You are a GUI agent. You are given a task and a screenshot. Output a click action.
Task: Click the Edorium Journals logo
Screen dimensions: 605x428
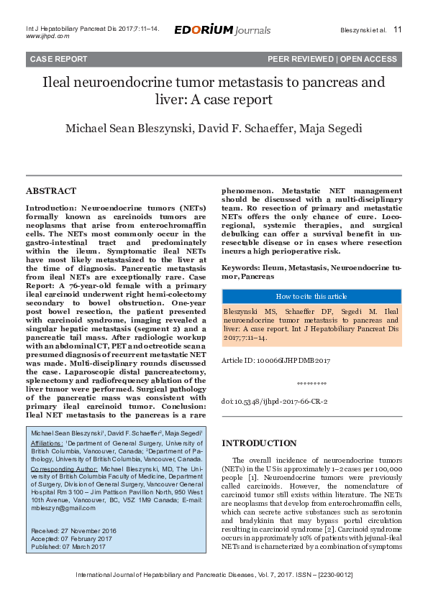(222, 30)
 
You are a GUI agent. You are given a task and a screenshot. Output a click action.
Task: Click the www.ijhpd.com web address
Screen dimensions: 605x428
(47, 35)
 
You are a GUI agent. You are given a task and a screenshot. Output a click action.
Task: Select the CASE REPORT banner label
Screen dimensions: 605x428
(59, 59)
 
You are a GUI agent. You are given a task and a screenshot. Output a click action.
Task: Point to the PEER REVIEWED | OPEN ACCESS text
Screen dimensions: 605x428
(332, 59)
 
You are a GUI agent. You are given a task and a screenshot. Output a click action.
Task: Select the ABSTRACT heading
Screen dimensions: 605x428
(50, 191)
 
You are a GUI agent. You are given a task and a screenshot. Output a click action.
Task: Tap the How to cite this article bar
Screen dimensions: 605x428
(311, 297)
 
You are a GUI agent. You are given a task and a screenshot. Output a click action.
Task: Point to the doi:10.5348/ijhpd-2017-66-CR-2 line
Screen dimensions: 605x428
(274, 402)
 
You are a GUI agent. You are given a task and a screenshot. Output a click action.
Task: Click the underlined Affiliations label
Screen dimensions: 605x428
(47, 444)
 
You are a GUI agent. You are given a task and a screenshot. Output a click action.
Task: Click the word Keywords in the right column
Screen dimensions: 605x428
(240, 267)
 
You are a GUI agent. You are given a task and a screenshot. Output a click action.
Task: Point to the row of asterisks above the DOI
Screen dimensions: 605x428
(311, 384)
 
